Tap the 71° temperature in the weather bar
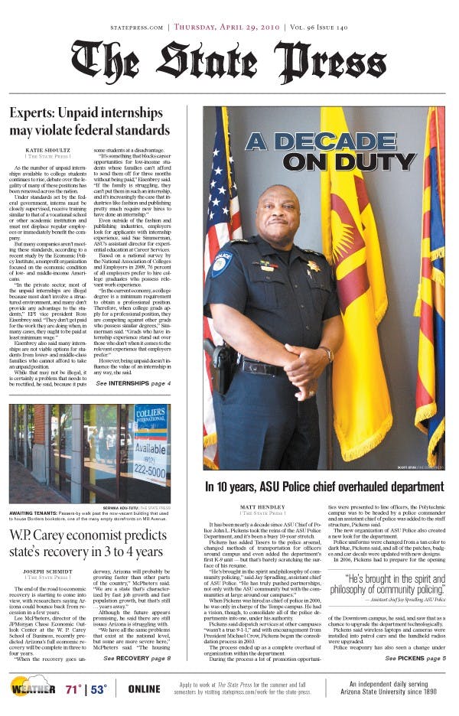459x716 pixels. click(74, 688)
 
